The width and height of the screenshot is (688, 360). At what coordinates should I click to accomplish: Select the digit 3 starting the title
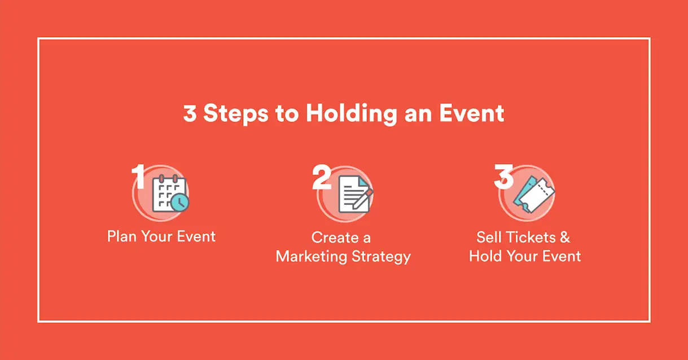tap(190, 113)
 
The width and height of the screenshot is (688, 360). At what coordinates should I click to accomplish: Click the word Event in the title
tap(472, 113)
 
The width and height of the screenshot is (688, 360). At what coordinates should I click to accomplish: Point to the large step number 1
tap(138, 176)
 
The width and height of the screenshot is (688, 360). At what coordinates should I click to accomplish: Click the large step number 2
tap(322, 177)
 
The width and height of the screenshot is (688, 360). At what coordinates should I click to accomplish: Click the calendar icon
tap(169, 193)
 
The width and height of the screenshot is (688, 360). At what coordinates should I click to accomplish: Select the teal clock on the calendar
tap(180, 203)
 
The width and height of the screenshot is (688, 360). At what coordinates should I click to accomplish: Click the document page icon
tap(353, 194)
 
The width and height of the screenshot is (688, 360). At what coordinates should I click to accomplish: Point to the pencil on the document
tap(363, 199)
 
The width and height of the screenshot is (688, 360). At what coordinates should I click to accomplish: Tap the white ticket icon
tap(537, 195)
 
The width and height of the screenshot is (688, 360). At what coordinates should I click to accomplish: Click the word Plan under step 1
tap(122, 236)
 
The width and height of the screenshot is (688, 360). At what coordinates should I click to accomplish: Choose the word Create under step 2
tap(335, 238)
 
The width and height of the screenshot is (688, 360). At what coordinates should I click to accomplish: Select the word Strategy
tap(381, 257)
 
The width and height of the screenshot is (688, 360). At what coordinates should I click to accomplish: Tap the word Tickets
tap(531, 237)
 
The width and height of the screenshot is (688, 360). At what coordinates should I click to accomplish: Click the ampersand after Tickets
tap(565, 237)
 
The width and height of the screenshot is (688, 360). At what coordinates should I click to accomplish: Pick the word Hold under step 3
tap(485, 256)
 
